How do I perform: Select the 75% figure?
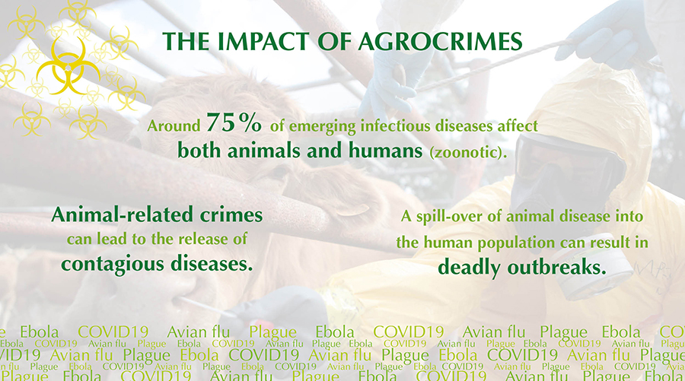[x=234, y=122]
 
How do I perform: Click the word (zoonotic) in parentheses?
[x=468, y=152]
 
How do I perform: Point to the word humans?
[x=385, y=151]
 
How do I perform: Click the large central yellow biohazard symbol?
[x=68, y=66]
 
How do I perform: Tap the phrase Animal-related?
[x=122, y=214]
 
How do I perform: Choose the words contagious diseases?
[x=157, y=264]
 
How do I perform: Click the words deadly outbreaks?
[x=522, y=267]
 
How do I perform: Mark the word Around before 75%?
[x=174, y=126]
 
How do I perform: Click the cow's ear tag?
[x=353, y=210]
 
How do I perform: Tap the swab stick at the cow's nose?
[x=205, y=306]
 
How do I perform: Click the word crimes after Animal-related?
[x=231, y=214]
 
